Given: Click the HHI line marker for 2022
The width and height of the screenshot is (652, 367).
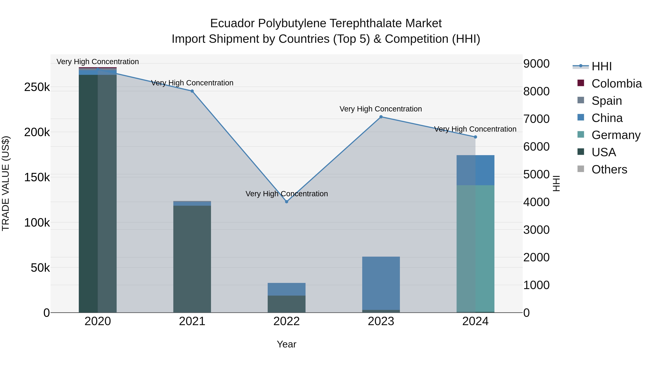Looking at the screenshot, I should (287, 202).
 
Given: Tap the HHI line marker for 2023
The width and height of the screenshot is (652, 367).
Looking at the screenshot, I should (381, 117).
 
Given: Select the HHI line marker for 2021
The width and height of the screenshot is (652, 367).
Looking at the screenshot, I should (192, 91).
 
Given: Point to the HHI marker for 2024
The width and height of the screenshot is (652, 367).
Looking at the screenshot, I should (475, 137).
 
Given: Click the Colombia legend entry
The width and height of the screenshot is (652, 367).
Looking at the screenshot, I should (617, 84).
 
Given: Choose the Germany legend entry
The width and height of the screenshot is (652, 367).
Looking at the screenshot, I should (616, 135).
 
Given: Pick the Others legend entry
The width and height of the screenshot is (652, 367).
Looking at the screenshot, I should (609, 169).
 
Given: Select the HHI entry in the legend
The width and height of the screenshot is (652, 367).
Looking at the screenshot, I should (601, 66).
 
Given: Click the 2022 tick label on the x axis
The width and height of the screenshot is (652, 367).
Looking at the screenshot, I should (287, 321).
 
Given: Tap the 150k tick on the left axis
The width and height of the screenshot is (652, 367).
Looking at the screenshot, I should (37, 177).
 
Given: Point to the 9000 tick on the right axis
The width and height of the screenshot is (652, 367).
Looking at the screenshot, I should (536, 64).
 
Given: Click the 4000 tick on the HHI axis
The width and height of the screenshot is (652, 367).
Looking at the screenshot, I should (536, 202).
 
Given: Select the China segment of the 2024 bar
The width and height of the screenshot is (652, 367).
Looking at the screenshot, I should (475, 170).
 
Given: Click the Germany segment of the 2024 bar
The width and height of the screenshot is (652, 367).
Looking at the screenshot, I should (475, 248).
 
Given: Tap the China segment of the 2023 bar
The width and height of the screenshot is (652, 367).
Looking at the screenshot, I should (381, 283).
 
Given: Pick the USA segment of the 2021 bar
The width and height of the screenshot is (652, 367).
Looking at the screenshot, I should (192, 258).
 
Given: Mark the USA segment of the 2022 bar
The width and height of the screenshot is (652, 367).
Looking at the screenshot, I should (287, 304).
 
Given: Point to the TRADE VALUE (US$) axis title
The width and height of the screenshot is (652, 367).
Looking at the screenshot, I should (6, 183).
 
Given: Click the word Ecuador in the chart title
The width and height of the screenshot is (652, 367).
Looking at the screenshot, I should (232, 24).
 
